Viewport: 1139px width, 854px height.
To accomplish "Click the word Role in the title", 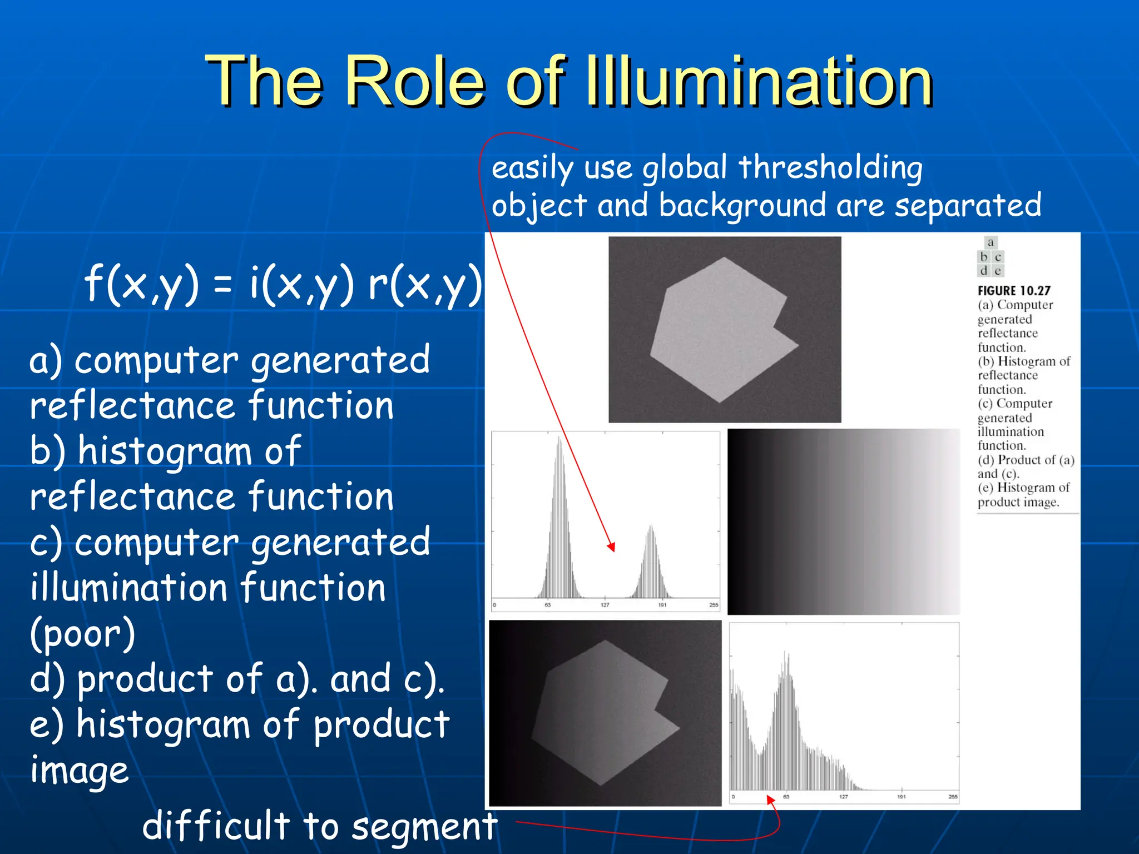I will point(415,82).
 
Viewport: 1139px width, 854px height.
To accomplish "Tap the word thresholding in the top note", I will point(830,167).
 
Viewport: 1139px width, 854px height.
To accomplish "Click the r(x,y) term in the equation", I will point(425,284).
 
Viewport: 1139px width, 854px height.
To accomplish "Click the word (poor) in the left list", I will point(82,634).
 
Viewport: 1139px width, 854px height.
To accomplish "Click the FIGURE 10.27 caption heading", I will point(1014,291).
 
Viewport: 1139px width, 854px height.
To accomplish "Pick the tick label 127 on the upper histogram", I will point(605,605).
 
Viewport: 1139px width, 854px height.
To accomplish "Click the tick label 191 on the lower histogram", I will point(901,797).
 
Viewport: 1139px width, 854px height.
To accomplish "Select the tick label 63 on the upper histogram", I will point(547,605).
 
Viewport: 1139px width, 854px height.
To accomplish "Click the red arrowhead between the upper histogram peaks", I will point(611,547).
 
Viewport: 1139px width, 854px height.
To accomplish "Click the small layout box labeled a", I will point(991,242).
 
